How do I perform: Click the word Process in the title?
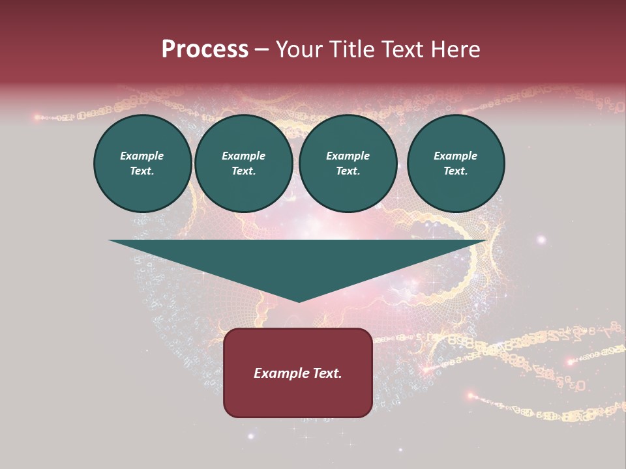205,50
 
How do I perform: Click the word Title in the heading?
350,50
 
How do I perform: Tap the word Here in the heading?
455,50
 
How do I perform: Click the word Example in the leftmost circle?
142,156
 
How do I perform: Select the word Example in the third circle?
348,156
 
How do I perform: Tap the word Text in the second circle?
243,171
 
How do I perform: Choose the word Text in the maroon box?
327,373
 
